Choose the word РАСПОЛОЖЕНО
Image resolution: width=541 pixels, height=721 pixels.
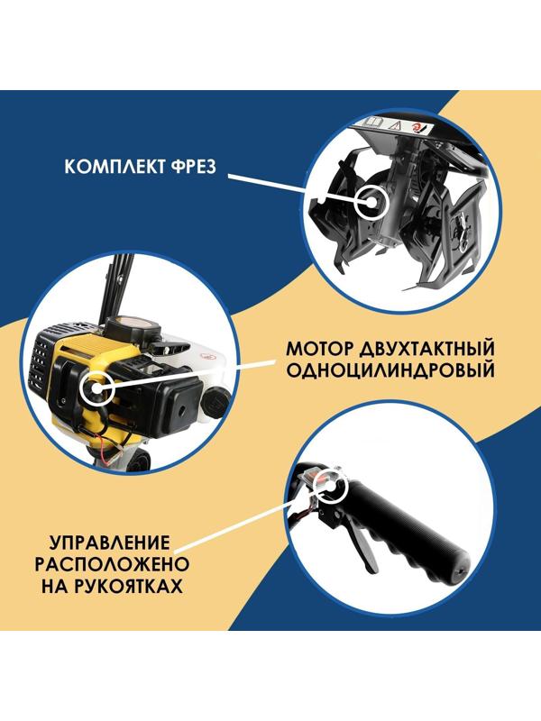click(111, 565)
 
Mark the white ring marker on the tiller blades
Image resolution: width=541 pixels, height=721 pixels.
click(369, 203)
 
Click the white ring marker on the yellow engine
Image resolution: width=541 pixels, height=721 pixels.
click(94, 389)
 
